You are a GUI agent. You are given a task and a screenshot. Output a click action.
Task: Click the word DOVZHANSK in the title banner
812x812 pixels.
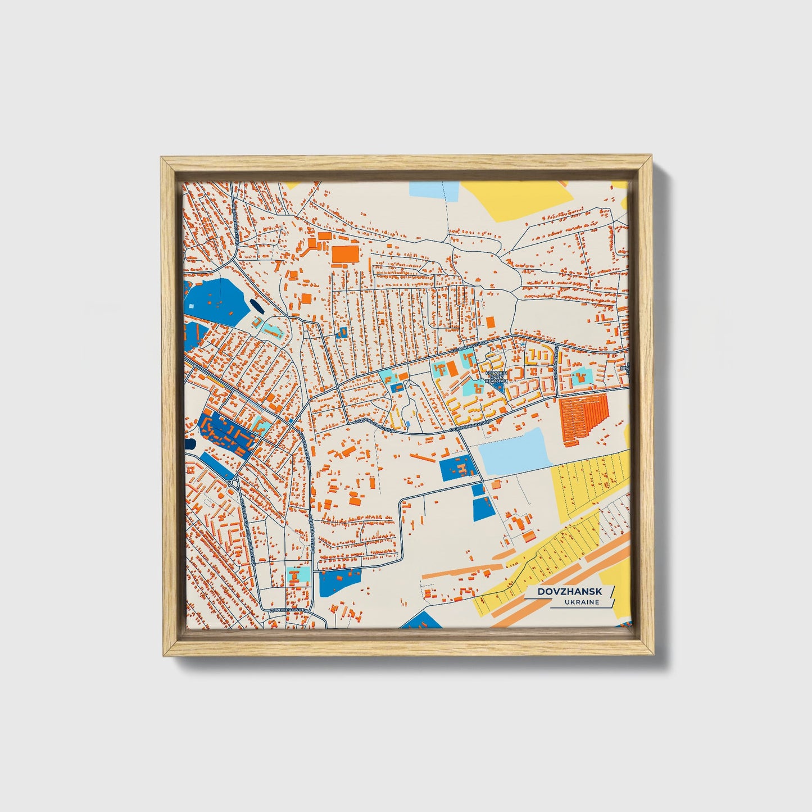569,591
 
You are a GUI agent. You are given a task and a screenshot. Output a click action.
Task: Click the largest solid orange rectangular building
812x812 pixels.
345,254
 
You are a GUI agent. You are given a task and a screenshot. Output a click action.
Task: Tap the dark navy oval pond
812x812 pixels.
256,307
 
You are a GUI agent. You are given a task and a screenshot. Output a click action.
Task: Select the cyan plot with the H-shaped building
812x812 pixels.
296,574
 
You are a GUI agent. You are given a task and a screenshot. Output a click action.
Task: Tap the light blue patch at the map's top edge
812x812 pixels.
434,190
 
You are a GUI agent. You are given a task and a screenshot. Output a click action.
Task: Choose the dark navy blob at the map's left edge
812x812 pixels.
190,444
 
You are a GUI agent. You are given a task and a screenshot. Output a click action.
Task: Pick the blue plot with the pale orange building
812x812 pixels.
459,469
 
